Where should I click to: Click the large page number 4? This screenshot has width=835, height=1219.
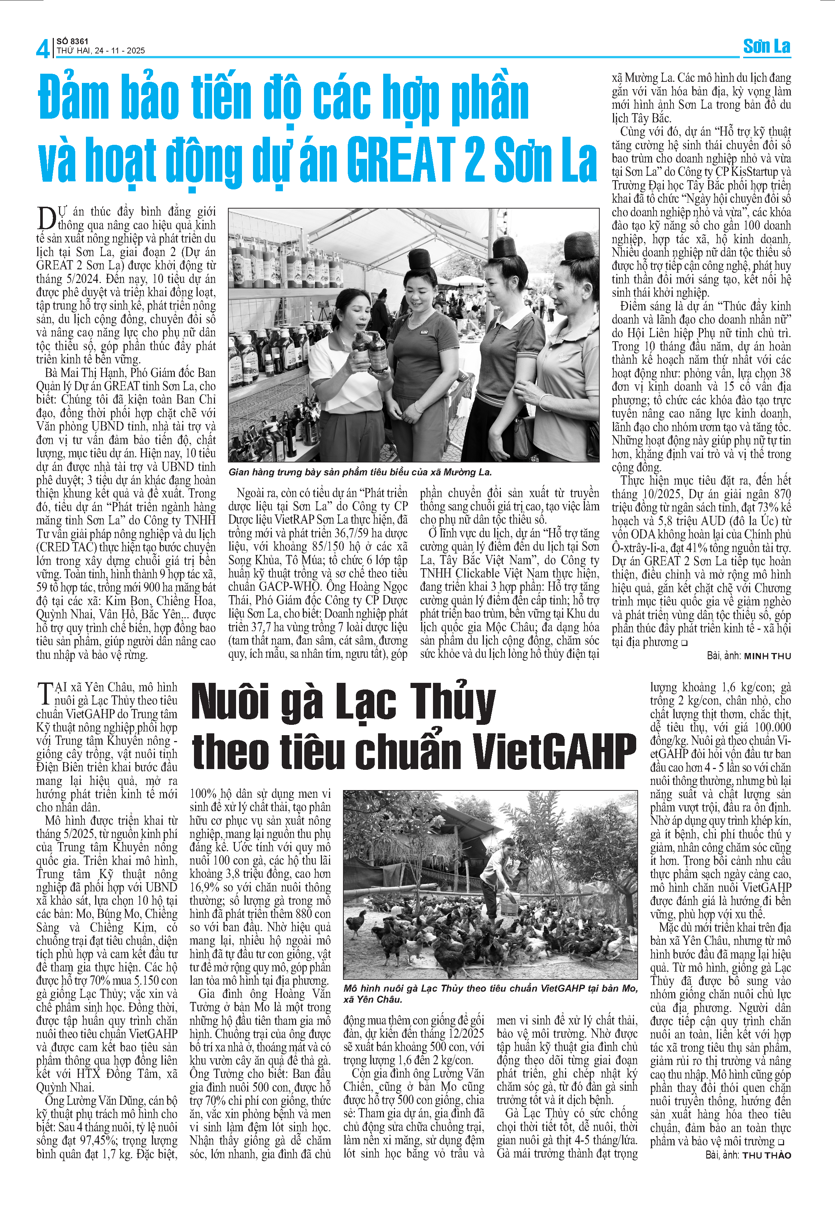(42, 48)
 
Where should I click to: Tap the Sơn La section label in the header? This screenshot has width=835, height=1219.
(766, 46)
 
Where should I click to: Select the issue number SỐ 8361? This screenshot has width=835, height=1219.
(72, 41)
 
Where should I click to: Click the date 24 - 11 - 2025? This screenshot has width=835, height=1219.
(119, 51)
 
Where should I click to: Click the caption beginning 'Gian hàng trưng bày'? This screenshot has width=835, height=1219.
(360, 472)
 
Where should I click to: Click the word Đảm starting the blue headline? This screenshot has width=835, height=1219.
(73, 97)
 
